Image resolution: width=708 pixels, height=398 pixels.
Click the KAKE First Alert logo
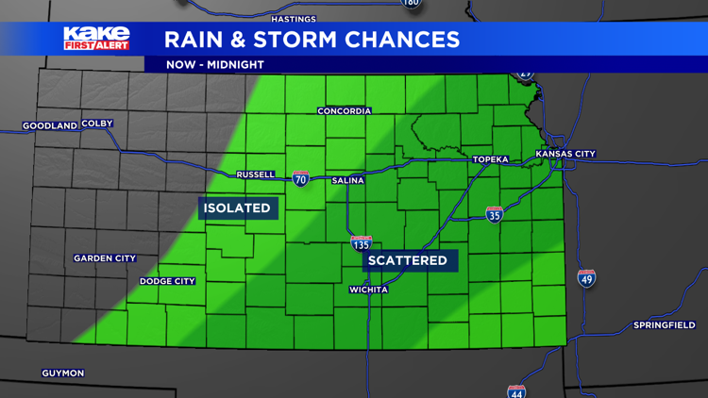click(96, 39)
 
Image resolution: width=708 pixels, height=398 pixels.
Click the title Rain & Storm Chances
click(312, 40)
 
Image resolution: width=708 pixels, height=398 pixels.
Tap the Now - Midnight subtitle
click(214, 65)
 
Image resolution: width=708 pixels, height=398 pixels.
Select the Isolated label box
click(238, 208)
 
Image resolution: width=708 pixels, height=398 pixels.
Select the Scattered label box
click(408, 260)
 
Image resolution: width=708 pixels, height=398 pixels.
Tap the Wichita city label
click(368, 290)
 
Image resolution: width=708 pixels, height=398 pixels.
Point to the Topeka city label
click(490, 159)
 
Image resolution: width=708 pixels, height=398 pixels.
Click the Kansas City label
click(565, 154)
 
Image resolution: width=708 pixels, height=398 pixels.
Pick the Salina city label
click(348, 180)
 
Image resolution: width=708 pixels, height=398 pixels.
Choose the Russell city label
click(255, 174)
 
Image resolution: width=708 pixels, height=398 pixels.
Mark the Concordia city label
click(344, 111)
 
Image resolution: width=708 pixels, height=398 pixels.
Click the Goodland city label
click(50, 125)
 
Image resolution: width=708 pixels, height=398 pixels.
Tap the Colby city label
click(97, 124)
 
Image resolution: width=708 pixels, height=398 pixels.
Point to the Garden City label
click(105, 258)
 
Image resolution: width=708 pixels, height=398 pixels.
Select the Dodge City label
click(167, 281)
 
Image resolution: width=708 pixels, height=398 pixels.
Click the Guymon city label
click(63, 373)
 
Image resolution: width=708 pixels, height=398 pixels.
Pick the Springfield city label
click(664, 325)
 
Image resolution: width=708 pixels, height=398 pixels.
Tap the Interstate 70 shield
click(300, 179)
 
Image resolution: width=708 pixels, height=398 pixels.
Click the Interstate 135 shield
click(361, 243)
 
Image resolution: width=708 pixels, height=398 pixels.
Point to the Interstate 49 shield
click(586, 278)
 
